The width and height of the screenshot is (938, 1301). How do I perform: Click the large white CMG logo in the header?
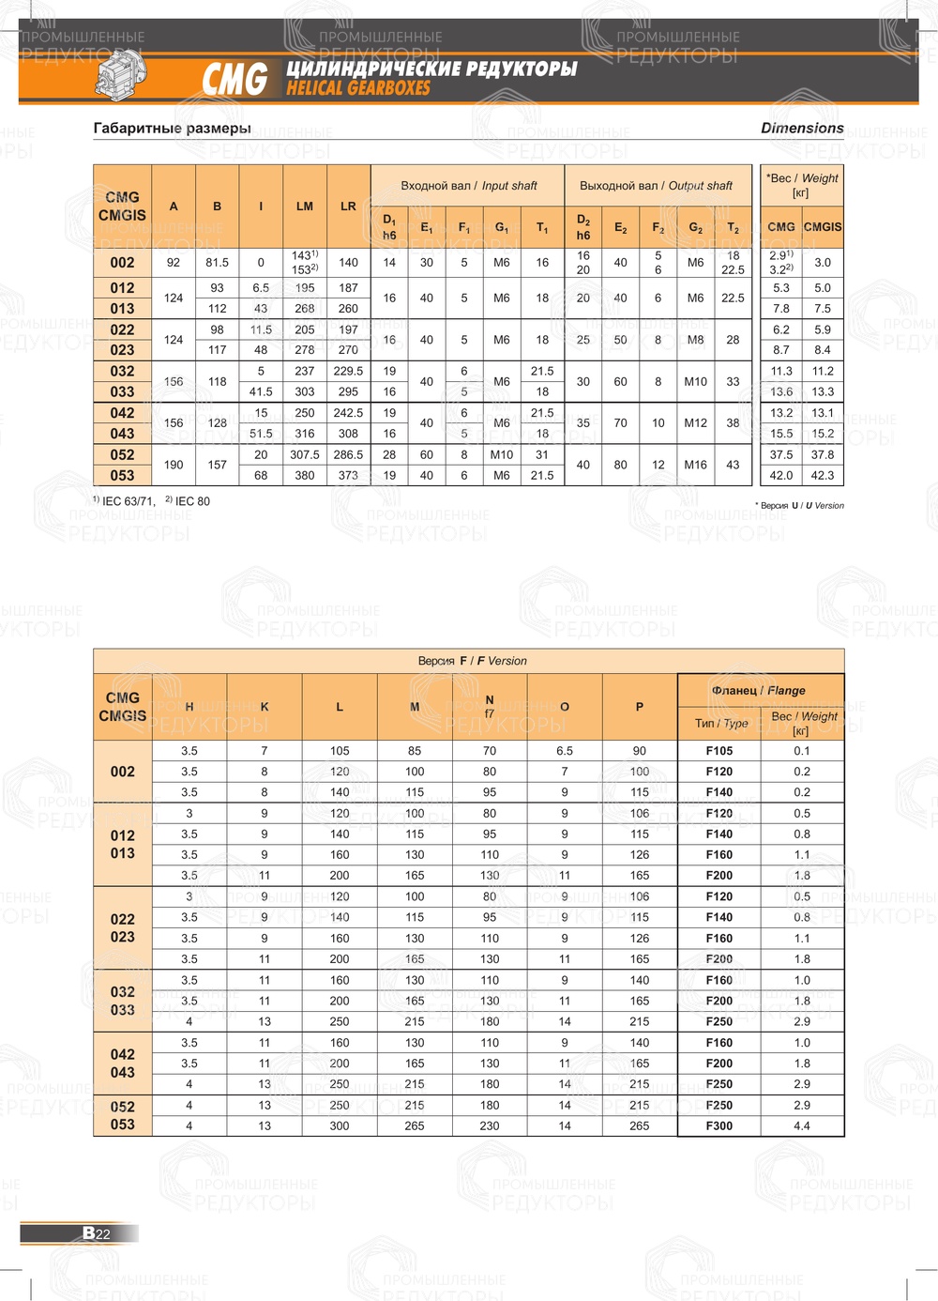click(x=234, y=79)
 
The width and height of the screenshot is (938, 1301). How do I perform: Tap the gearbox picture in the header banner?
click(x=120, y=74)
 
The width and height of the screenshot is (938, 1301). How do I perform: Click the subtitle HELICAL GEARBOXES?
click(x=358, y=88)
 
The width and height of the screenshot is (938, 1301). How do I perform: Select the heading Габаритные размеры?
click(x=172, y=128)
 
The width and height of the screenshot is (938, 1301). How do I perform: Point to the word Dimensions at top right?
click(x=802, y=128)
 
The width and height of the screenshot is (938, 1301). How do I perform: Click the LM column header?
click(x=305, y=207)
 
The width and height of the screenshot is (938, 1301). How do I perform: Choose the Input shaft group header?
click(x=468, y=186)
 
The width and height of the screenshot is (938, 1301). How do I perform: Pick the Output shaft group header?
click(x=656, y=186)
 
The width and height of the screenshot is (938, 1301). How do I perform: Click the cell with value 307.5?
click(x=305, y=454)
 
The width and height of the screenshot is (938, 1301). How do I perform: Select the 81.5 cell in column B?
click(x=217, y=263)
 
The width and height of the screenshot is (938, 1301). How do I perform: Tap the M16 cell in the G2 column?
click(x=695, y=465)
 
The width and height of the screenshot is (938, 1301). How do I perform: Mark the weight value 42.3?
click(x=823, y=475)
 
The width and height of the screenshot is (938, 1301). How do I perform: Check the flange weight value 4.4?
click(x=802, y=1125)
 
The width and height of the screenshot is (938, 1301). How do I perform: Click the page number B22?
click(x=97, y=1233)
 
